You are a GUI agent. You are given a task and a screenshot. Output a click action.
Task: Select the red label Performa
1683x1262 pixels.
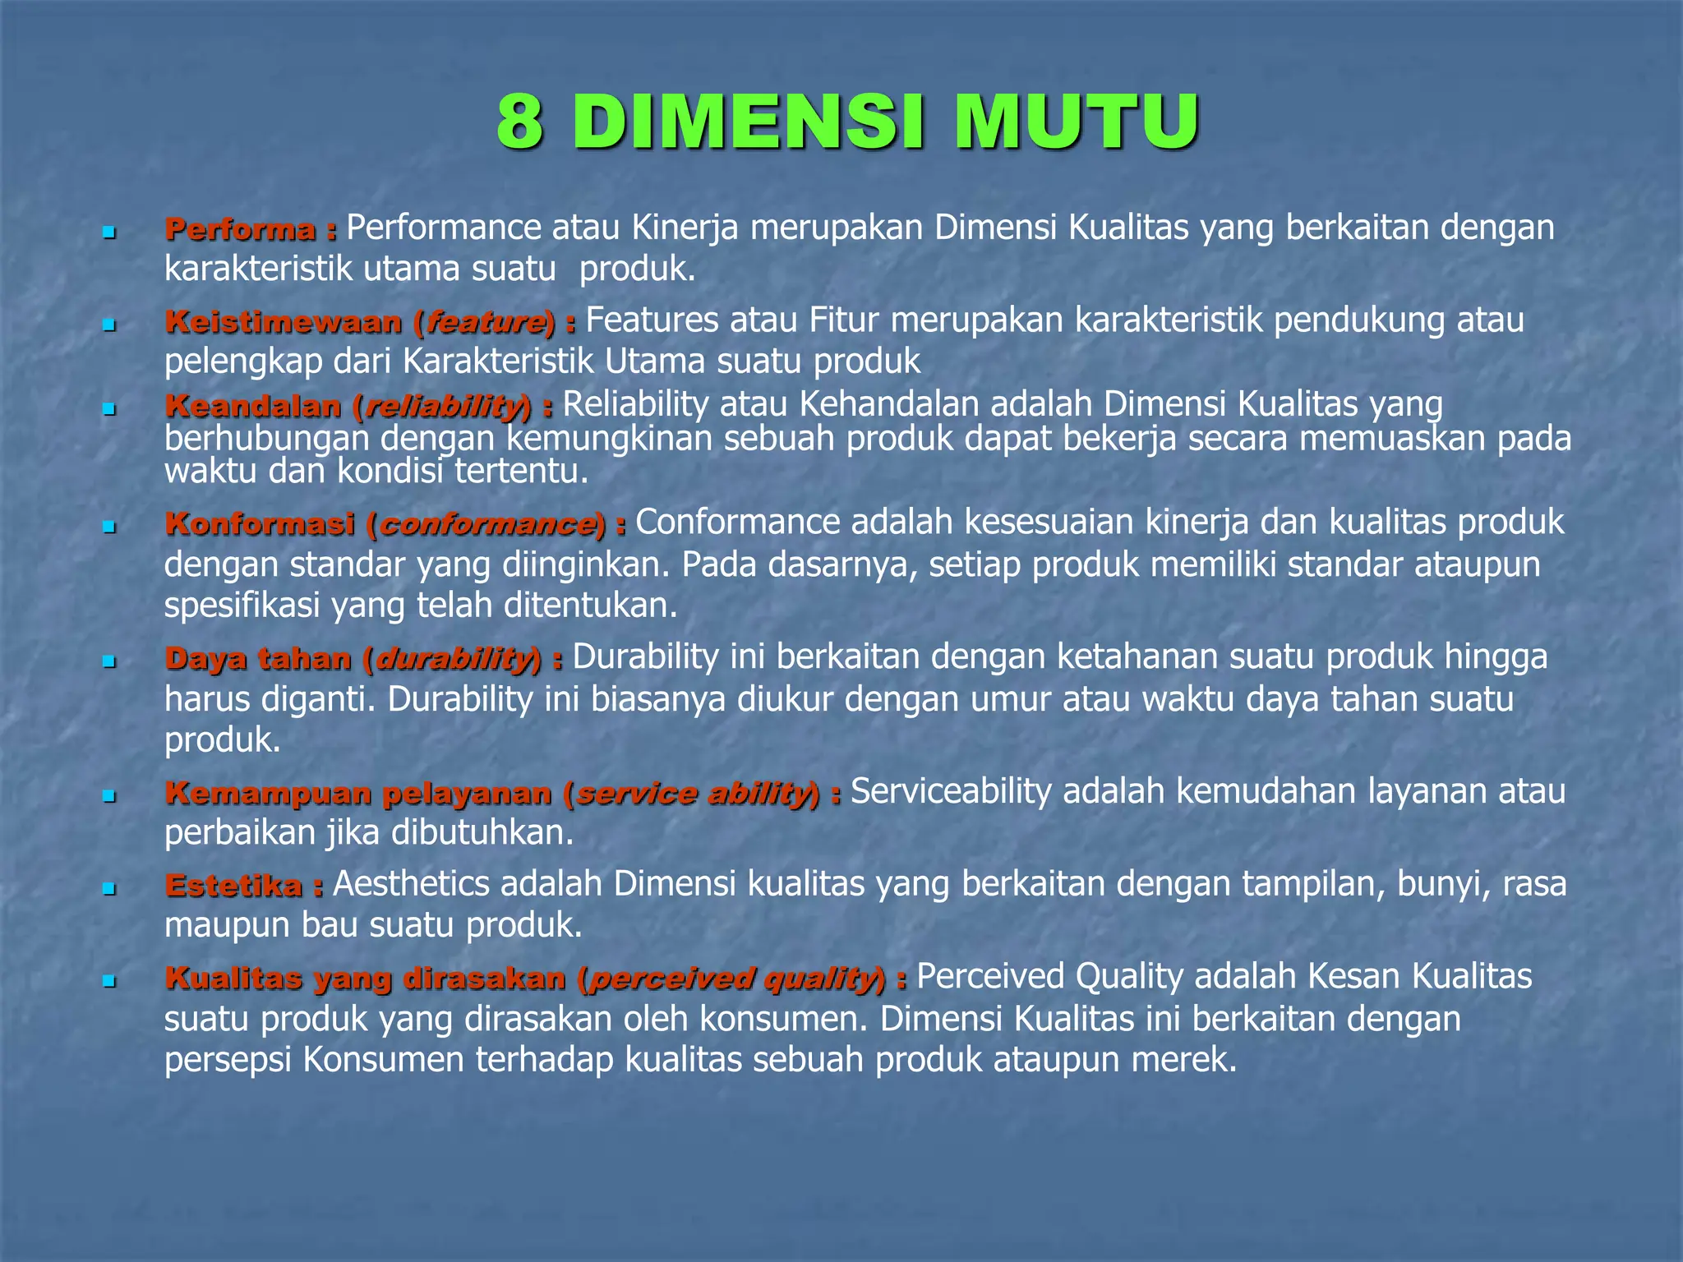click(240, 229)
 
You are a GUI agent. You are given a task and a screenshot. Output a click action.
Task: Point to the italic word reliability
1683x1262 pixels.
click(444, 406)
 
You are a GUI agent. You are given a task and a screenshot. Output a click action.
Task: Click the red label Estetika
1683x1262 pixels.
click(233, 886)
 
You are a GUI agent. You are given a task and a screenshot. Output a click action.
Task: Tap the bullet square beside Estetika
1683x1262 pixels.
click(108, 889)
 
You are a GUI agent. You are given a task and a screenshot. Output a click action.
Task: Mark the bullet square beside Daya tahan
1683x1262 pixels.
click(108, 661)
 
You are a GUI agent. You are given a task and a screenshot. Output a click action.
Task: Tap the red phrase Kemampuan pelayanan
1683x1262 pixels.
click(358, 793)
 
